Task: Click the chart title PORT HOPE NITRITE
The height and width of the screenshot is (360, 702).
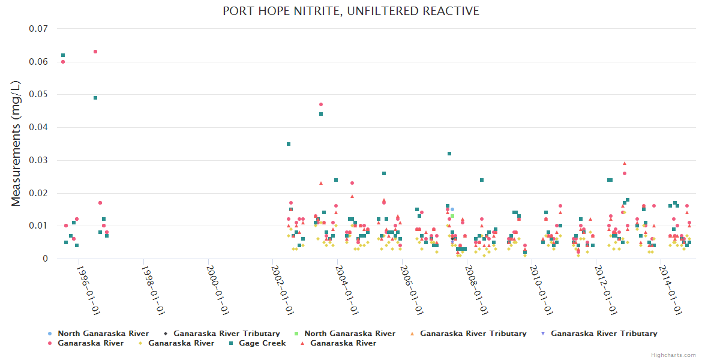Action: pyautogui.click(x=351, y=11)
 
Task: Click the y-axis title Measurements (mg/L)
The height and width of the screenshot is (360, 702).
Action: pyautogui.click(x=16, y=144)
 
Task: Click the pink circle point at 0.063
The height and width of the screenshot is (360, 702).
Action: pyautogui.click(x=95, y=52)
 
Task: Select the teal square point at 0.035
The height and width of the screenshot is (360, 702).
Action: pyautogui.click(x=289, y=144)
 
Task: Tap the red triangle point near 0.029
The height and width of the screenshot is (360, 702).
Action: pyautogui.click(x=625, y=163)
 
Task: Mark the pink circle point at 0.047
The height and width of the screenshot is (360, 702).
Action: pyautogui.click(x=321, y=104)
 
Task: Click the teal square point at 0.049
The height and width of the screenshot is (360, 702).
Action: pyautogui.click(x=95, y=98)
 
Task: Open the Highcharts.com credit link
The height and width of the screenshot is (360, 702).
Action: pyautogui.click(x=673, y=355)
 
